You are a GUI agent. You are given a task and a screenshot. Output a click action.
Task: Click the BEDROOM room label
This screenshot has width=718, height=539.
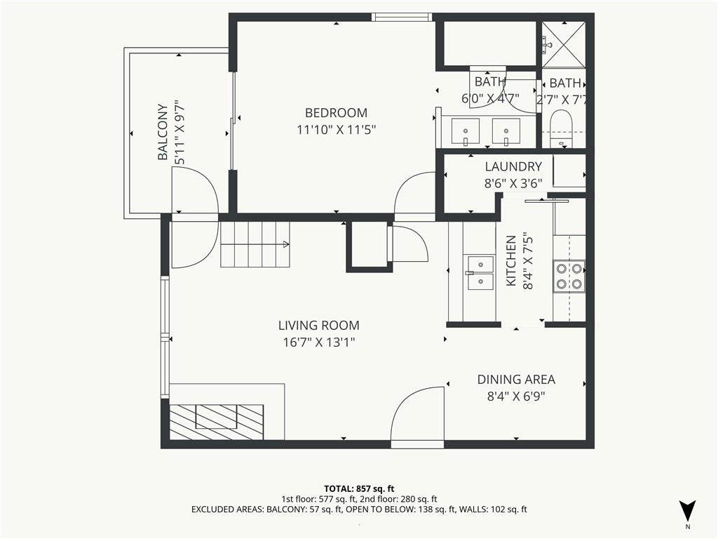[336, 112]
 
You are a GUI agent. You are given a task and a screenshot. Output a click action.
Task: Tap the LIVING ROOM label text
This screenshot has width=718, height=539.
[318, 325]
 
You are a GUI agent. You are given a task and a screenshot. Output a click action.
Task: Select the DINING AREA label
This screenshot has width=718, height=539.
[516, 379]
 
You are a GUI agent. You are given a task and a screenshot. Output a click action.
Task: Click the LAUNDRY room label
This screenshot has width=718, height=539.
[513, 166]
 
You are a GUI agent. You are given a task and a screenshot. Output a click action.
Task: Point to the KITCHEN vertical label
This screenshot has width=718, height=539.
[511, 261]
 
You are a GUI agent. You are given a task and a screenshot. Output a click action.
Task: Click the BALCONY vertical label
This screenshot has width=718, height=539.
[163, 132]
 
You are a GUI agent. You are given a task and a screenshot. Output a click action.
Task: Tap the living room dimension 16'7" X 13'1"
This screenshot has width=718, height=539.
[318, 342]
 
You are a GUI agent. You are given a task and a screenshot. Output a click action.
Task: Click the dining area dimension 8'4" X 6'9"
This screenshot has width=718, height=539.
[516, 396]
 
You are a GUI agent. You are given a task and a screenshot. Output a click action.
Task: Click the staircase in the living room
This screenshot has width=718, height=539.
[255, 244]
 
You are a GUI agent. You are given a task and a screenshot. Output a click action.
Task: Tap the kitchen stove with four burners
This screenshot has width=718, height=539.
[569, 275]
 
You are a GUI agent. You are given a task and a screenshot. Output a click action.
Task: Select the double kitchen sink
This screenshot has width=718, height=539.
[480, 273]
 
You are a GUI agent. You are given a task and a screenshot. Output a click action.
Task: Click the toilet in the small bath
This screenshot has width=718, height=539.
[562, 127]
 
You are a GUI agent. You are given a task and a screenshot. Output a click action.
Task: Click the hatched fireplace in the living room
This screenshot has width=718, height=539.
[217, 422]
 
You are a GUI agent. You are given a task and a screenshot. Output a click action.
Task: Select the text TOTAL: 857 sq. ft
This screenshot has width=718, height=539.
[359, 488]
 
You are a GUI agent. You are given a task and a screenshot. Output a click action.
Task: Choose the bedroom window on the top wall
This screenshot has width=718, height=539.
[400, 17]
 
